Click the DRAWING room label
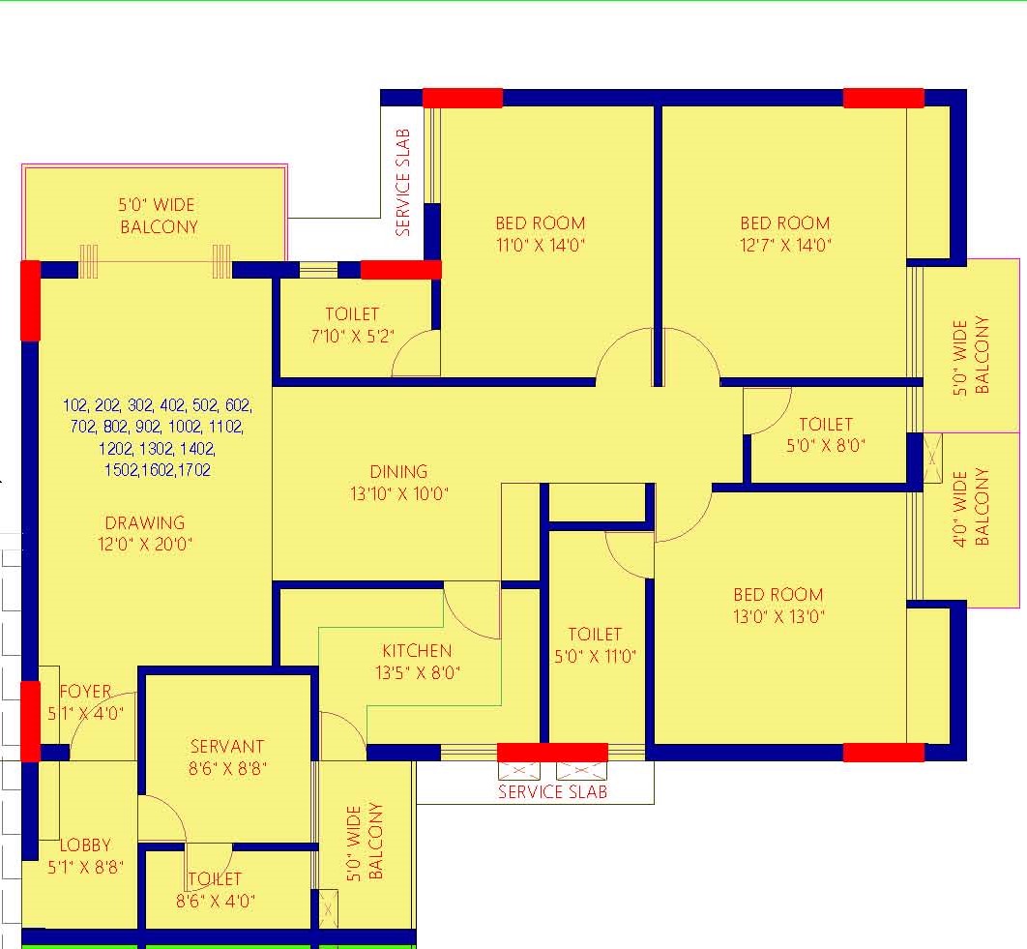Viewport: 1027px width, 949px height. point(145,522)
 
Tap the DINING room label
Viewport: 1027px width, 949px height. point(398,471)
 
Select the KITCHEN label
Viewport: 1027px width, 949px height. point(417,650)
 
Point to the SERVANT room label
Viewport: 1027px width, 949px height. point(227,746)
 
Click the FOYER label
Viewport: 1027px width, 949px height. point(85,691)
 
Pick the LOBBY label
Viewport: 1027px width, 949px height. point(85,845)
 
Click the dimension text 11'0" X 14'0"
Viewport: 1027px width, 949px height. point(541,245)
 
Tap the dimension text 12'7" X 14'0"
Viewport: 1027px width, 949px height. point(785,245)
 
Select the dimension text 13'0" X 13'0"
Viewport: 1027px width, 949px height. point(778,616)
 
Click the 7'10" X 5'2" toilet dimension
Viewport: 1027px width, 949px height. point(352,337)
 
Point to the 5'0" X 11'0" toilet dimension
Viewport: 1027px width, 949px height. point(596,656)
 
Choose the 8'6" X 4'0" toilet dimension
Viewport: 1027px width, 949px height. point(216,901)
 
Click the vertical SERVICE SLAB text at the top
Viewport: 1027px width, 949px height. point(403,182)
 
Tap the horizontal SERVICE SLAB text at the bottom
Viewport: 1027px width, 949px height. point(553,791)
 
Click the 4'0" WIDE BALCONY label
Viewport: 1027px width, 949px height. point(971,507)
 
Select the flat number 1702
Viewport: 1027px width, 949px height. point(193,470)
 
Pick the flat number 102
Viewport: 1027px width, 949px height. point(74,405)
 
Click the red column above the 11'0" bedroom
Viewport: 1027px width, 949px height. point(462,99)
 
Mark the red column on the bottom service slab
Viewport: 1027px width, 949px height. point(553,753)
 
